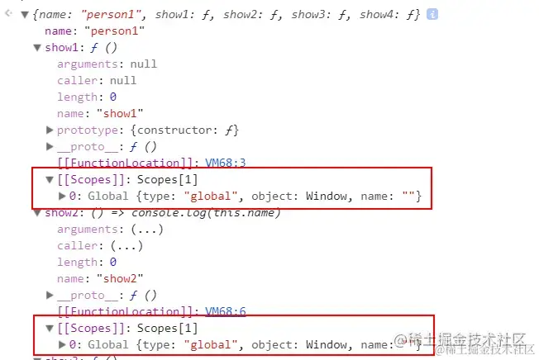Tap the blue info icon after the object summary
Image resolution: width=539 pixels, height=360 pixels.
(432, 14)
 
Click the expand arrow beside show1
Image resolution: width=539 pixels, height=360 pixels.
(36, 47)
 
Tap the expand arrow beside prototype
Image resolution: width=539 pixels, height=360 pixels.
(50, 130)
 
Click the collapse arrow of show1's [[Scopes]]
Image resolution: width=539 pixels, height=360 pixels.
(49, 179)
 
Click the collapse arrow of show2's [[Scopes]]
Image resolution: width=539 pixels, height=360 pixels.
(49, 328)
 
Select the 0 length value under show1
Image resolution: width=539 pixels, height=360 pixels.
(112, 97)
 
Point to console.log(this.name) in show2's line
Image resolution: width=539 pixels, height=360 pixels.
(222, 212)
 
